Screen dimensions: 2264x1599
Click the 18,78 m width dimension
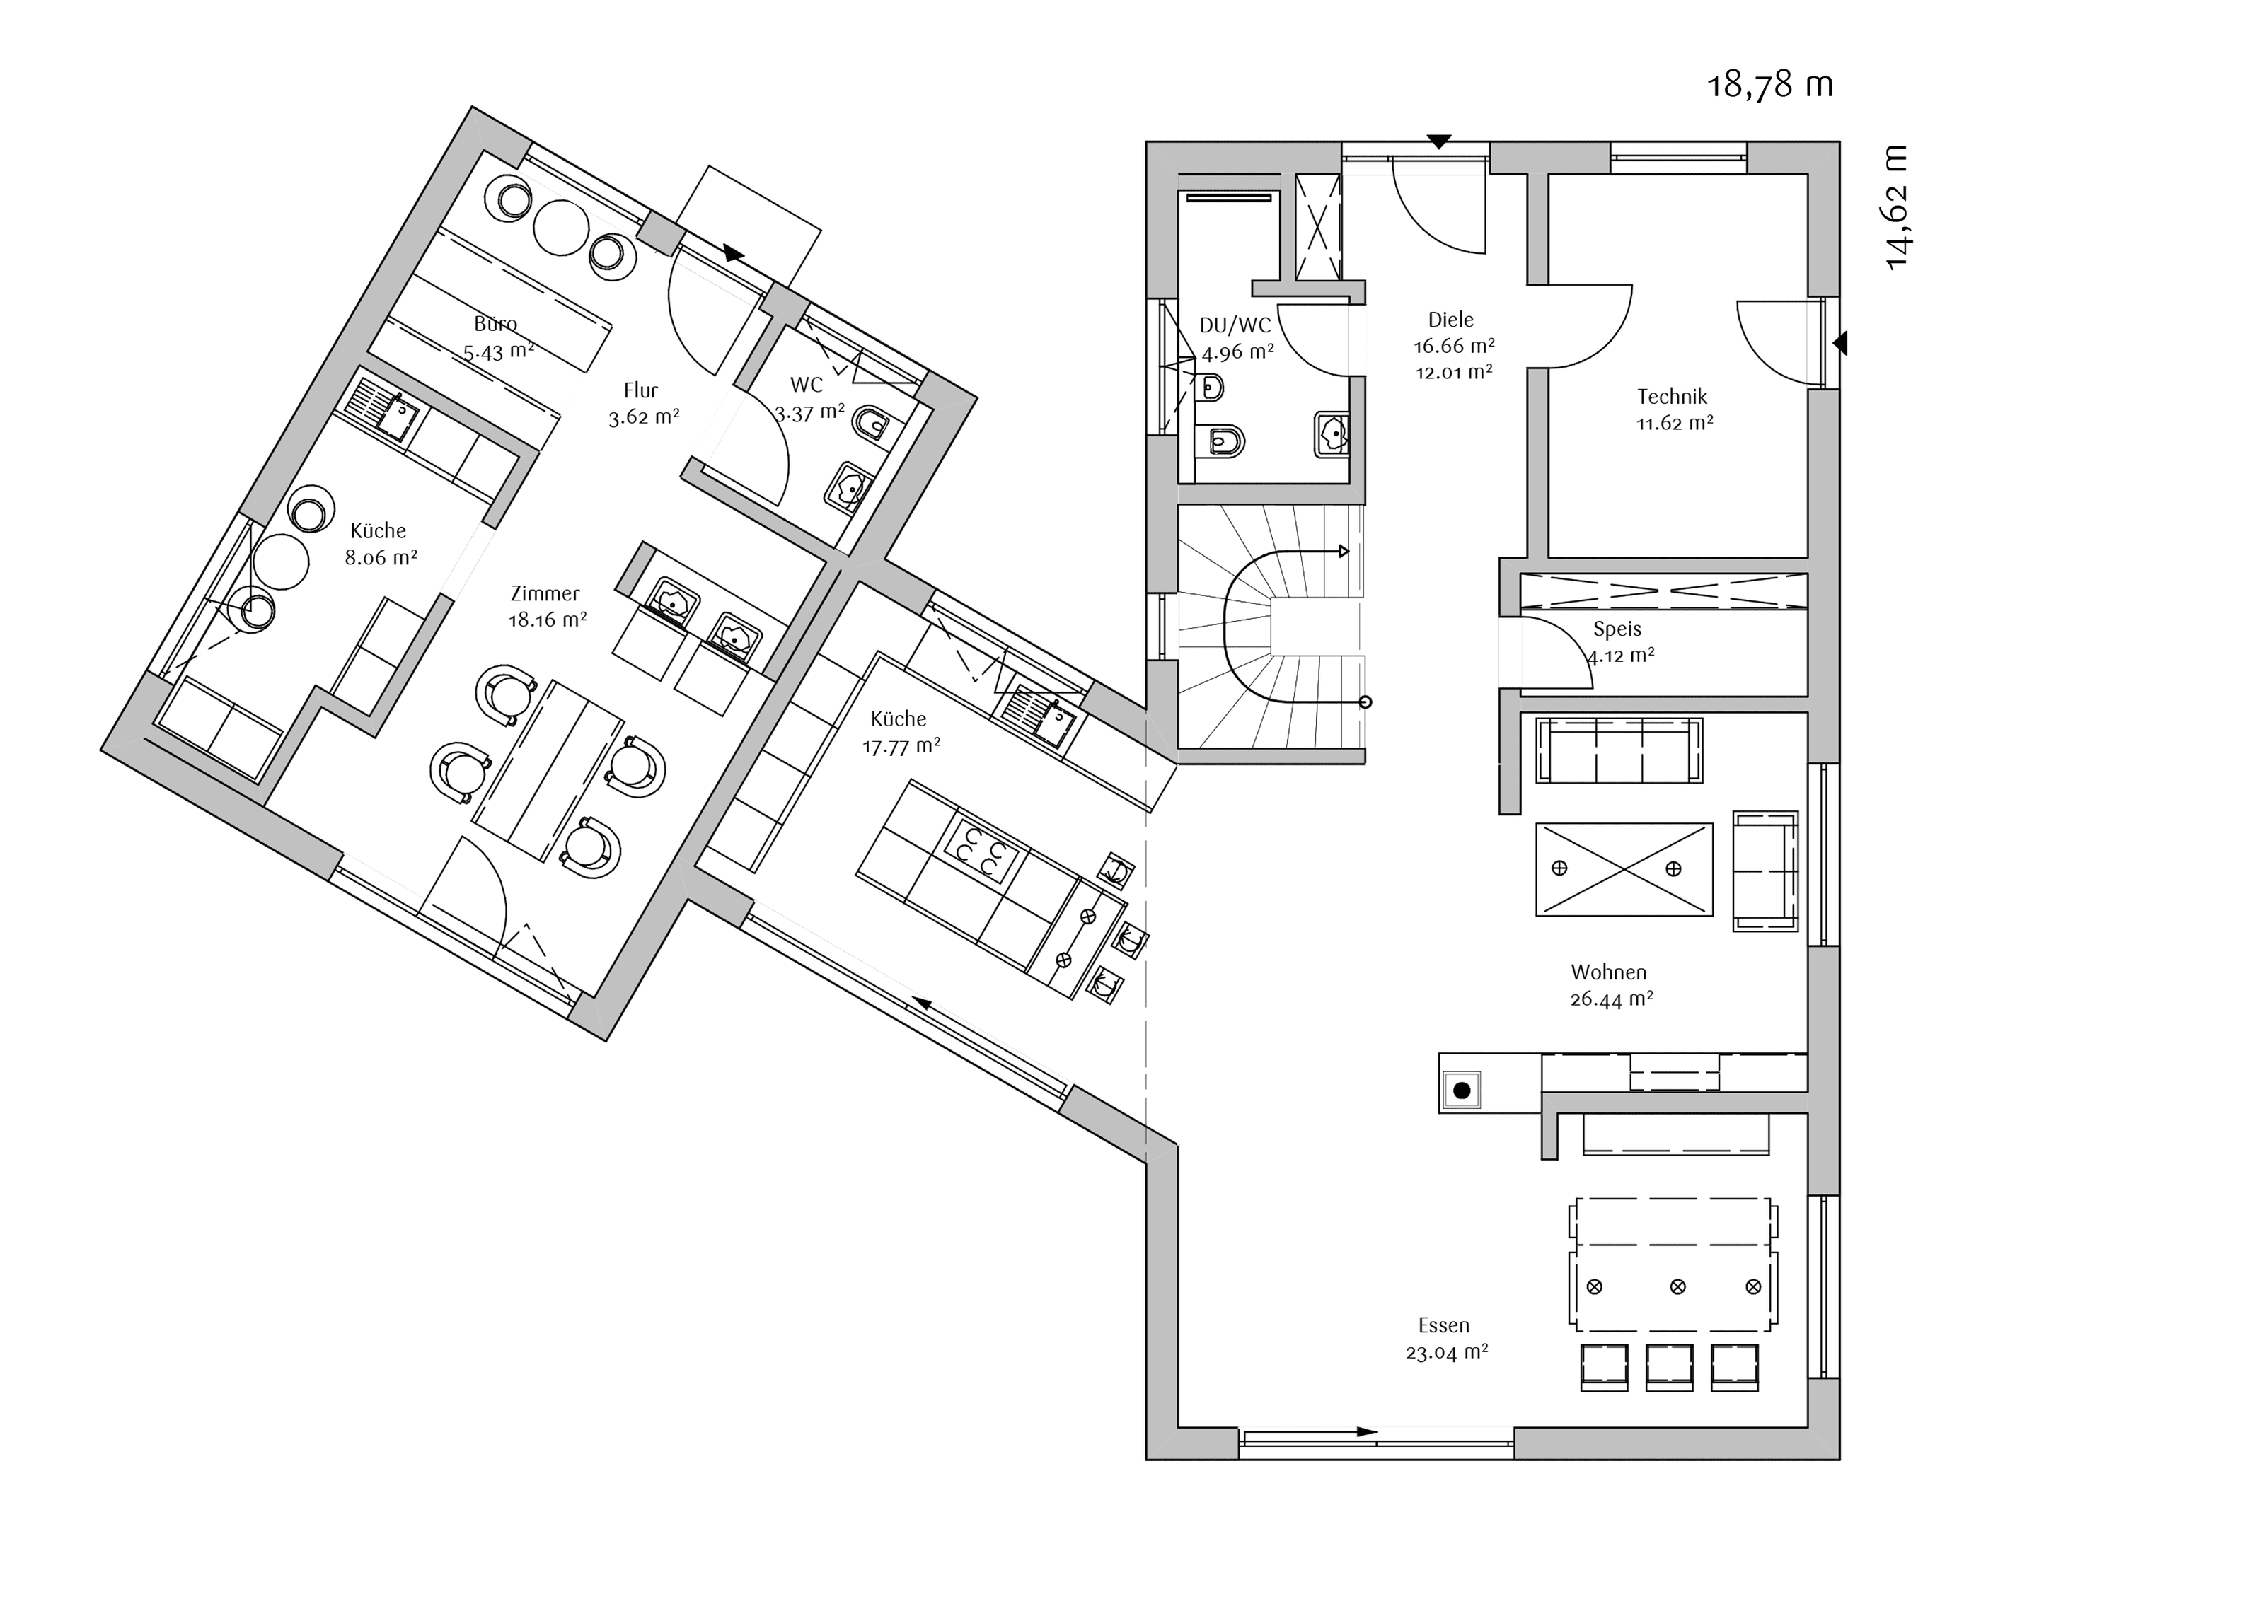(1770, 85)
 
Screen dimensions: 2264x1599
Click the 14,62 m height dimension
(1896, 207)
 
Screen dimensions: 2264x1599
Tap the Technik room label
(1673, 396)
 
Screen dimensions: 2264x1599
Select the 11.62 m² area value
(1675, 423)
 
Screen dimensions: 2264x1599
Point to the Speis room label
(1617, 629)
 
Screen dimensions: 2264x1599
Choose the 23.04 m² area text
(1447, 1353)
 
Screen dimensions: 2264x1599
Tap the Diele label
(1450, 320)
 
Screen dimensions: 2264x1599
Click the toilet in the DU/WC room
(1220, 441)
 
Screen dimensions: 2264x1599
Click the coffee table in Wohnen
(1624, 869)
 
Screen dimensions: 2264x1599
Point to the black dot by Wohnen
(1462, 1091)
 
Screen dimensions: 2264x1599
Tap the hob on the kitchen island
(981, 851)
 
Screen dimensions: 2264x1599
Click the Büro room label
(495, 323)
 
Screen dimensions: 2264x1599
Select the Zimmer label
(545, 593)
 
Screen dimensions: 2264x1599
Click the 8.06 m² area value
(381, 557)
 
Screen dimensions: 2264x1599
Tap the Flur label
(641, 390)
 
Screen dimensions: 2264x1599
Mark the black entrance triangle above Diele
(1440, 142)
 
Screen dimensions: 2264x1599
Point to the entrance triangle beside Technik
(1840, 343)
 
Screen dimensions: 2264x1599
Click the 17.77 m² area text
(901, 746)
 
